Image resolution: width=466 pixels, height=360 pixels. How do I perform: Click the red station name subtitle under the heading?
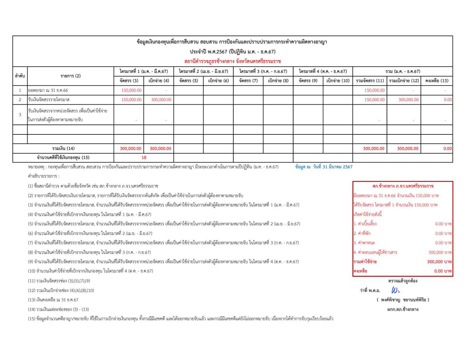point(232,61)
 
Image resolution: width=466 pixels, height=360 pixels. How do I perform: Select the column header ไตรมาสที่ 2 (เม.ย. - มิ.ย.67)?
point(203,71)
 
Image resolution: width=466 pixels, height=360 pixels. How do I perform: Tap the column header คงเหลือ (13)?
point(437,81)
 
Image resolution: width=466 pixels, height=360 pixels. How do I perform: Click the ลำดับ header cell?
point(20,76)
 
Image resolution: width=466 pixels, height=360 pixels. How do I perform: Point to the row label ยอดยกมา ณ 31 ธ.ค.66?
point(48,90)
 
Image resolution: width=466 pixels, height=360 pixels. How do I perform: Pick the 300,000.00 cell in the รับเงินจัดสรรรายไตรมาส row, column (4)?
point(161,100)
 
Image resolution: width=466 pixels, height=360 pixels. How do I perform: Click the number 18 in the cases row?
point(144,157)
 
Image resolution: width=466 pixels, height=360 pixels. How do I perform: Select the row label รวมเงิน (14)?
point(63,148)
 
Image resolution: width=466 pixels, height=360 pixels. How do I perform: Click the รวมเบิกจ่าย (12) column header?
point(404,81)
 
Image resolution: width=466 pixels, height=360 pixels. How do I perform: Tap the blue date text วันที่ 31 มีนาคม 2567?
point(333,167)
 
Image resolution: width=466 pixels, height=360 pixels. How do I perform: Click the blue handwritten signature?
point(395,290)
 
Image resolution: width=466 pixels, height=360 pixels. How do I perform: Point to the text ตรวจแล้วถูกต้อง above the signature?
point(403,281)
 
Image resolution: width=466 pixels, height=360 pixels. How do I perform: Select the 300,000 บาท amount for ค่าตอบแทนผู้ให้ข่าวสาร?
point(440,252)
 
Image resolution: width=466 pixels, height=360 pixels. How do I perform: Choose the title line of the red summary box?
point(403,186)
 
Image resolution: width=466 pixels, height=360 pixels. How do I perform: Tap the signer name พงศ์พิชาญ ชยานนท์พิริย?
point(403,300)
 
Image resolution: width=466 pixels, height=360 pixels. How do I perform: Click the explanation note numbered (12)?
point(61,291)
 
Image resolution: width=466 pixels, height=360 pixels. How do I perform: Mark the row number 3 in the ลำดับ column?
point(20,115)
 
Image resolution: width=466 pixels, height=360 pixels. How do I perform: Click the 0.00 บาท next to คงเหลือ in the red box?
point(443,271)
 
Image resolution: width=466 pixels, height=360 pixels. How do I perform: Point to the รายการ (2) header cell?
point(70,76)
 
